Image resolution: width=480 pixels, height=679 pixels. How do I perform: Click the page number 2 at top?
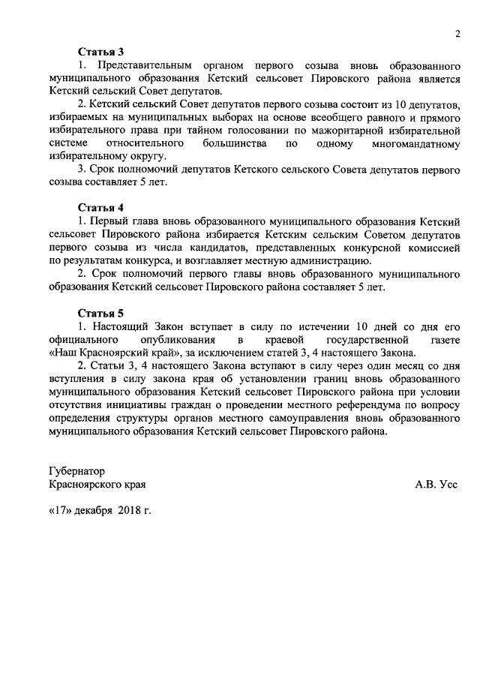[x=457, y=33]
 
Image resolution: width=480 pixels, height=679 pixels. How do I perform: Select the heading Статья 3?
[x=101, y=52]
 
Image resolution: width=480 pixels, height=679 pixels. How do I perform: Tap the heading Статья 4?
[x=101, y=207]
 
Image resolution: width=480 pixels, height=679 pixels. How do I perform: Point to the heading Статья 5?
[x=101, y=313]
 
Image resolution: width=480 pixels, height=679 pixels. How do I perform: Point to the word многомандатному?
[x=414, y=143]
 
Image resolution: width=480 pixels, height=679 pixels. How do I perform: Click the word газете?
[x=440, y=340]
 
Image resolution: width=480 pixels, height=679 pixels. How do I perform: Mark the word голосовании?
[x=265, y=130]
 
